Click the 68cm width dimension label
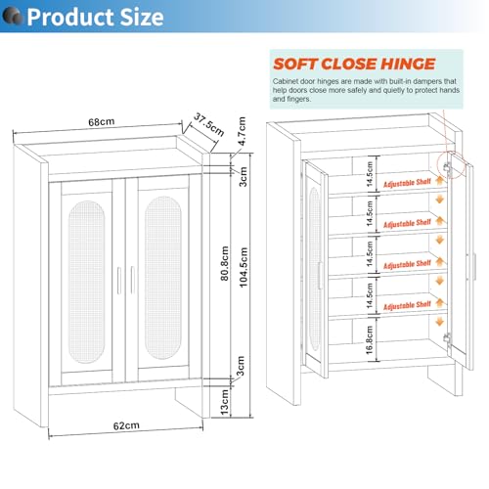(x=102, y=122)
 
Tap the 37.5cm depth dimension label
(x=208, y=125)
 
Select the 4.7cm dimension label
(x=242, y=131)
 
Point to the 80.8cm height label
(x=225, y=263)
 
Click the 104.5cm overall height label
(x=244, y=267)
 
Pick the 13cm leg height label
(x=225, y=402)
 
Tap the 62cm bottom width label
(x=126, y=425)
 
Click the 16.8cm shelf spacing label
(x=370, y=340)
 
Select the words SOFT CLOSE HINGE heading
(x=354, y=64)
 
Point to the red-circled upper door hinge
(x=447, y=167)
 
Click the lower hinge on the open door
(x=447, y=338)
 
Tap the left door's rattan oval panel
(x=87, y=282)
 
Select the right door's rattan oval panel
(x=163, y=278)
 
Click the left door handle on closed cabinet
(x=119, y=281)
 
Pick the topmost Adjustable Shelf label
(x=407, y=183)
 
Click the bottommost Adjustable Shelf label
(x=407, y=306)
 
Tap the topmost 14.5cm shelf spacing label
(x=370, y=174)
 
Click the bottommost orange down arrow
(x=440, y=322)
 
